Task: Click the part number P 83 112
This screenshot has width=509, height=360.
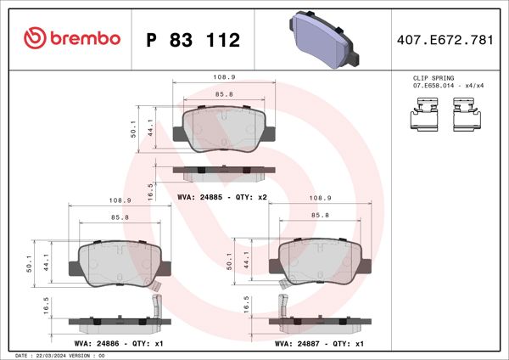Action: tap(193, 40)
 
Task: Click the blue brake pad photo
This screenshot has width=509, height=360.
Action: tap(322, 38)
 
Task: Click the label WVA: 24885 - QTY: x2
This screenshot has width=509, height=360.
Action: tap(222, 196)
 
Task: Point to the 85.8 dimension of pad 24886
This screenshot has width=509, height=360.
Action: tap(120, 218)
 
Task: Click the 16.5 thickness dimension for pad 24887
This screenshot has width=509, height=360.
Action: tap(248, 305)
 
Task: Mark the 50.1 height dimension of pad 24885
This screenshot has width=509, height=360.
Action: tap(133, 128)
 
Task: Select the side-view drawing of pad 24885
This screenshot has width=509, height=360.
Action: tap(223, 173)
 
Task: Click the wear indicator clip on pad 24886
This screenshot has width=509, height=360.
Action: tap(154, 305)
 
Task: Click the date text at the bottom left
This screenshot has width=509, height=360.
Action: tap(59, 355)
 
